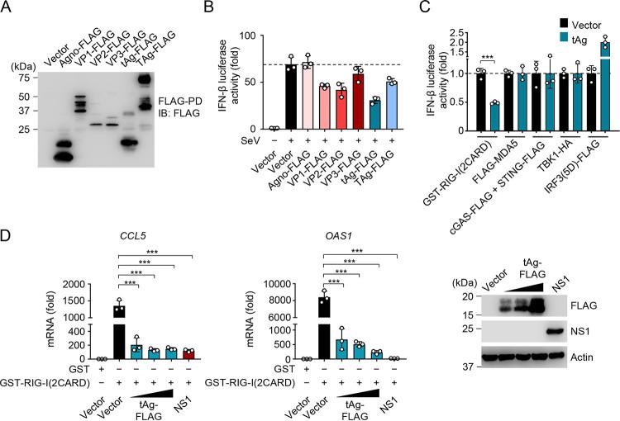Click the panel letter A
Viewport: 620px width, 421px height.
point(7,8)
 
